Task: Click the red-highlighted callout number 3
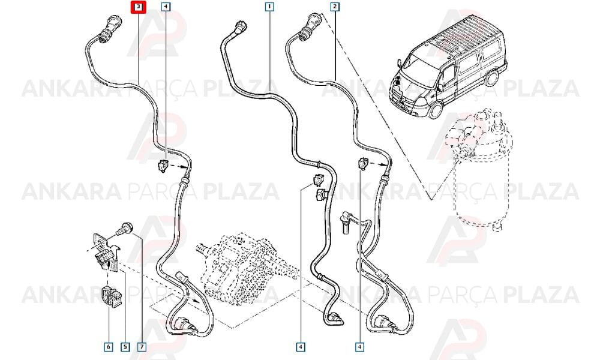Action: [x=138, y=7]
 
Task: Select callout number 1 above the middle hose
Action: [x=270, y=7]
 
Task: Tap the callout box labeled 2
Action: [x=335, y=7]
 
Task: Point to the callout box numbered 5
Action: [x=125, y=347]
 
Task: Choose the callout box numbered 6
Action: [x=109, y=347]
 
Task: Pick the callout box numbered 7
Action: [x=142, y=347]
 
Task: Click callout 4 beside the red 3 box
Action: [x=166, y=7]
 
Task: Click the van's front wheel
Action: [x=436, y=110]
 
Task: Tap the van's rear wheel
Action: [x=492, y=78]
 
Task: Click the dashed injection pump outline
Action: [x=245, y=264]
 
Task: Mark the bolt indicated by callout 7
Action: [x=124, y=229]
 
